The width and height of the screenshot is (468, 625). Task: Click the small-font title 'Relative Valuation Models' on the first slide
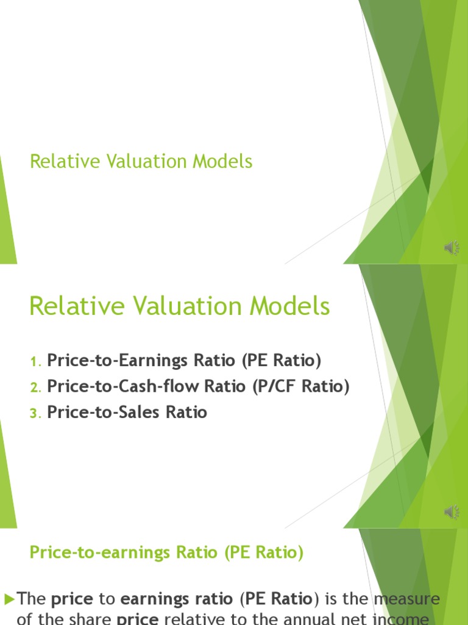[x=141, y=162]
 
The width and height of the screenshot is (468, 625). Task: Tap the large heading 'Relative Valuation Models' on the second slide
[x=179, y=306]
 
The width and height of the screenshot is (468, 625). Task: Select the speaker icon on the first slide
[x=452, y=247]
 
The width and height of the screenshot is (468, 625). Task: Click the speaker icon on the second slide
[x=452, y=512]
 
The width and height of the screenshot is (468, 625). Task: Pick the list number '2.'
[x=35, y=388]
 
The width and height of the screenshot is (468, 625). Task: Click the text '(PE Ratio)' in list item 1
[x=281, y=361]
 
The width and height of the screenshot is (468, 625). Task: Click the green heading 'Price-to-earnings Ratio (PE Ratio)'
[x=166, y=553]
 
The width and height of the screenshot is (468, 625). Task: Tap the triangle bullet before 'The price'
[x=9, y=599]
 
